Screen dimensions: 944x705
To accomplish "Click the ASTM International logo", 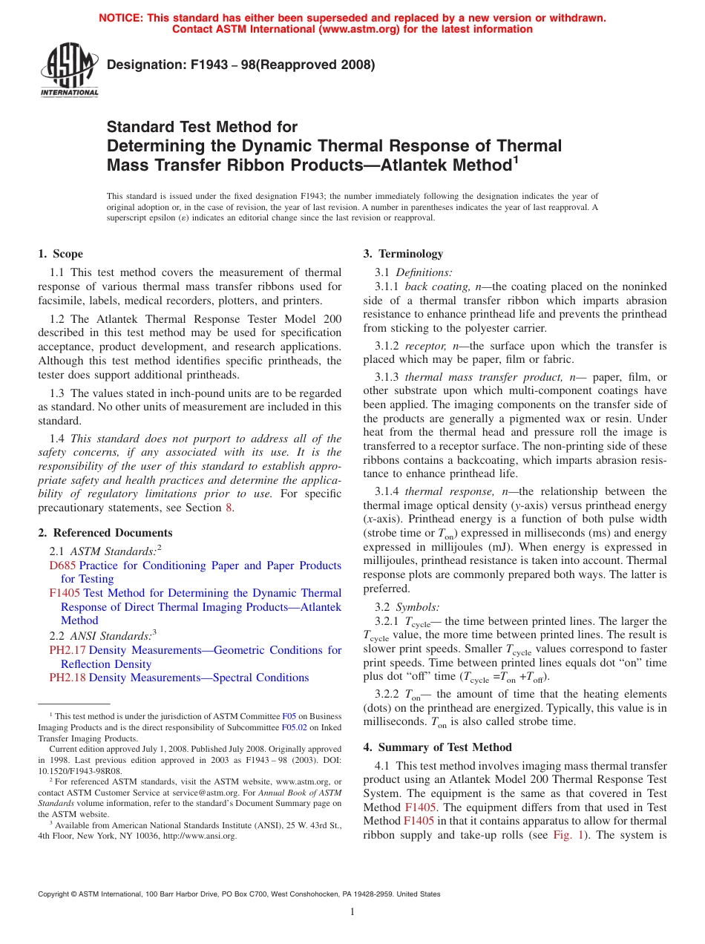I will (69, 71).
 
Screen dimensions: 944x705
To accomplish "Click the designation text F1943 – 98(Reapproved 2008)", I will (241, 65).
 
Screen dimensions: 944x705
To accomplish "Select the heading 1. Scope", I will (61, 254).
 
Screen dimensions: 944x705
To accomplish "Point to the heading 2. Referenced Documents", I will (105, 533).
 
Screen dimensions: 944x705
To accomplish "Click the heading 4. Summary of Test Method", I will (437, 747).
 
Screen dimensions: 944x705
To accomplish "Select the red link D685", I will (61, 566).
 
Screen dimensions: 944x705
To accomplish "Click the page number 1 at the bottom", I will (352, 912).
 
